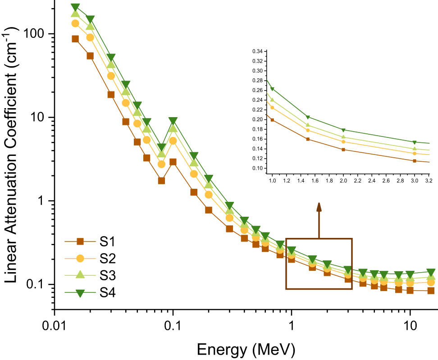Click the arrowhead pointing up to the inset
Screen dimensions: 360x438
pos(319,207)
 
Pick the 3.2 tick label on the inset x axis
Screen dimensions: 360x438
pos(429,180)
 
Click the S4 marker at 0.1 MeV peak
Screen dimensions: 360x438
pos(173,121)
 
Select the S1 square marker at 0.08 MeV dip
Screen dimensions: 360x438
pos(161,181)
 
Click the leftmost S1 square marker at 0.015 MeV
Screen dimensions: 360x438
pos(75,39)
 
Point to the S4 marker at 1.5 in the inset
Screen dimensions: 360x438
pos(308,117)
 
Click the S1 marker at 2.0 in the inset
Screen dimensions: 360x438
pos(343,150)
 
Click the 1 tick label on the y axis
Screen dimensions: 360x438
pos(43,201)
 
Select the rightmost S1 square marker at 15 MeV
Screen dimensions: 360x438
pos(431,291)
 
